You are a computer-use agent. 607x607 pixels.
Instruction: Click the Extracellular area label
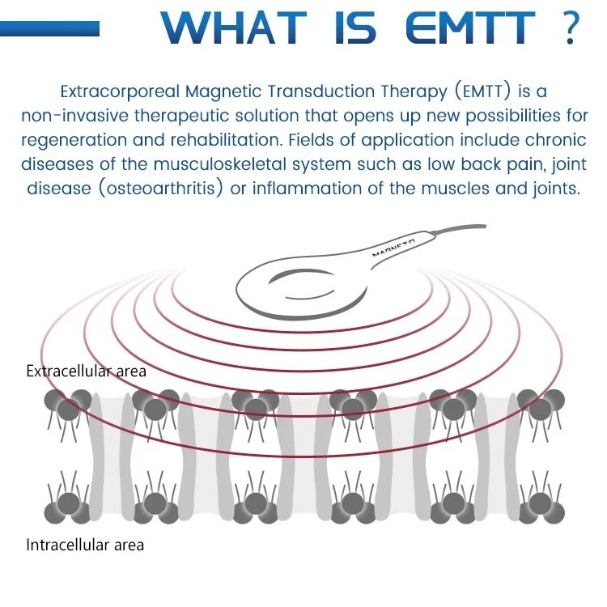coord(86,371)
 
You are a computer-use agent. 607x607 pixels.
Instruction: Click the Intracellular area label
coord(84,545)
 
